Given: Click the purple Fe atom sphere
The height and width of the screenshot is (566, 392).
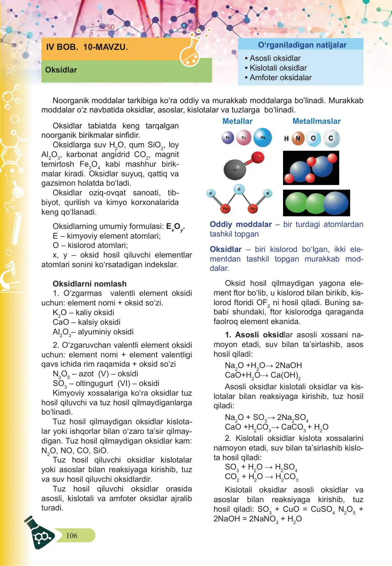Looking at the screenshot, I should click(x=228, y=137).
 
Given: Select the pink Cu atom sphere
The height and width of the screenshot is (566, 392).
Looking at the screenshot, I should click(x=244, y=137).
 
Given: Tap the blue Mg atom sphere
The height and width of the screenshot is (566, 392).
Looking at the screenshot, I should click(x=263, y=137).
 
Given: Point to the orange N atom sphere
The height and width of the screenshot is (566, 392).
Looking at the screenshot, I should click(x=298, y=138).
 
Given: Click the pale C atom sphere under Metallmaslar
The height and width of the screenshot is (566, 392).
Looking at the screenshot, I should click(x=331, y=138).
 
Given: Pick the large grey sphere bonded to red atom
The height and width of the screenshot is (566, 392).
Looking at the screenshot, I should click(x=235, y=169).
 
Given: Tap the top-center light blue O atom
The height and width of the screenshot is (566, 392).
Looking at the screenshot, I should click(x=239, y=189).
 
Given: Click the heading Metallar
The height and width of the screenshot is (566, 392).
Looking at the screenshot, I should click(x=237, y=121).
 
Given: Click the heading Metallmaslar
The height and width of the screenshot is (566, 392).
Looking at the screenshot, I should click(x=316, y=121).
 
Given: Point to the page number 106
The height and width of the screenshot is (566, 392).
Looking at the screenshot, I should click(x=72, y=535).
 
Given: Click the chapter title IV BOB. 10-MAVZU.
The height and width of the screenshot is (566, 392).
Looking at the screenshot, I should click(x=87, y=47).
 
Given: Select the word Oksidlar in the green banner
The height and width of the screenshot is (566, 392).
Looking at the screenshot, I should click(x=61, y=70).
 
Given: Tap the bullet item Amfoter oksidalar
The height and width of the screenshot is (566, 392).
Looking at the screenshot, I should click(x=280, y=78).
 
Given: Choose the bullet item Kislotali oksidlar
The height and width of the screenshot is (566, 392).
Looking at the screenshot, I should click(x=278, y=68).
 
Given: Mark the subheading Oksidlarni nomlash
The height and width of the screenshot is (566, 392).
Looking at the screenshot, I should click(x=90, y=284).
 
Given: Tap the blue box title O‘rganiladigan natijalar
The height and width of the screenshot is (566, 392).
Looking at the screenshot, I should click(x=302, y=45).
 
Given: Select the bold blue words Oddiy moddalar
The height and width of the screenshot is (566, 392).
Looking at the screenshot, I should click(x=241, y=224).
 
